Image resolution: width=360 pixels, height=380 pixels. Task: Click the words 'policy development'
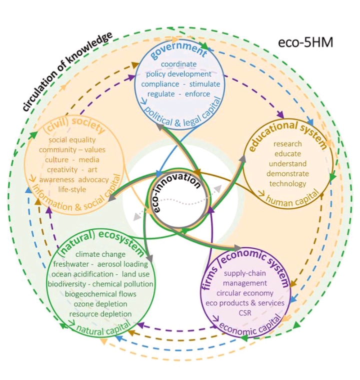coord(180,74)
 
